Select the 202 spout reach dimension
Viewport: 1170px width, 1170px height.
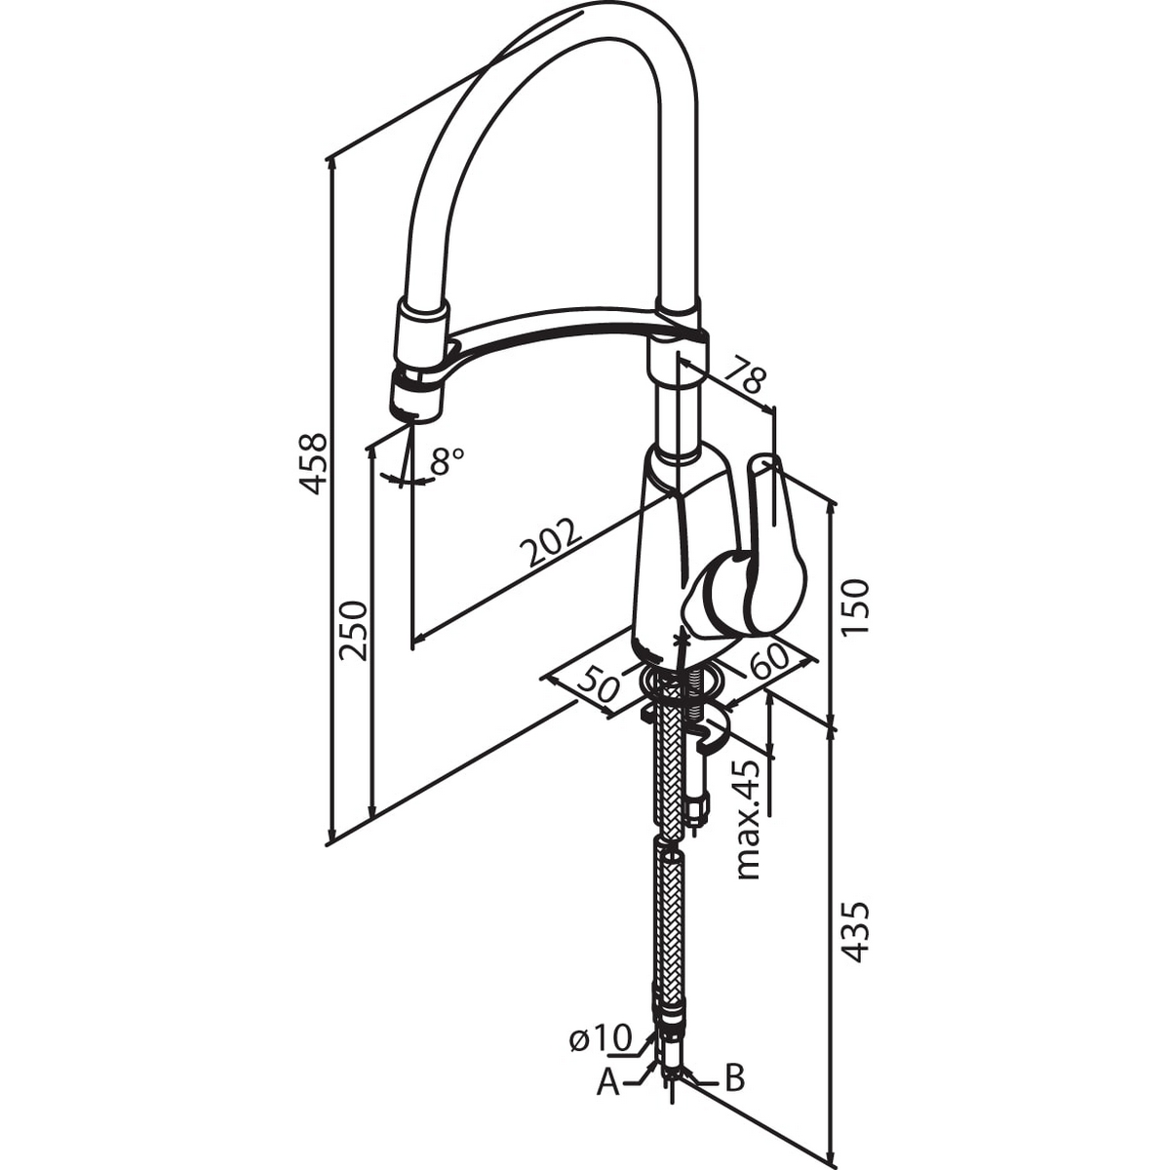pyautogui.click(x=551, y=533)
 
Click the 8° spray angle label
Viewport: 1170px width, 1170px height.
pyautogui.click(x=447, y=460)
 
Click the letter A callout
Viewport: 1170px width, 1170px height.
pyautogui.click(x=607, y=1099)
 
